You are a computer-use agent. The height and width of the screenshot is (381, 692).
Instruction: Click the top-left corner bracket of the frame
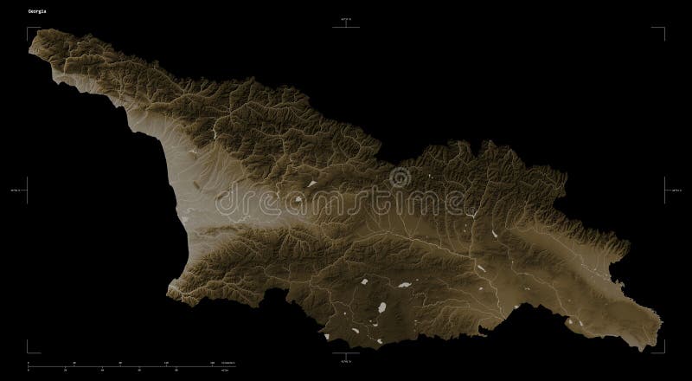tap(29, 29)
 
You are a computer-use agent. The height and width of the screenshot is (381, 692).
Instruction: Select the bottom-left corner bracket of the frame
tap(29, 350)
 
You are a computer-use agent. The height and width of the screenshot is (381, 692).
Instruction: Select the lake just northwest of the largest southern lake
tap(364, 282)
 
